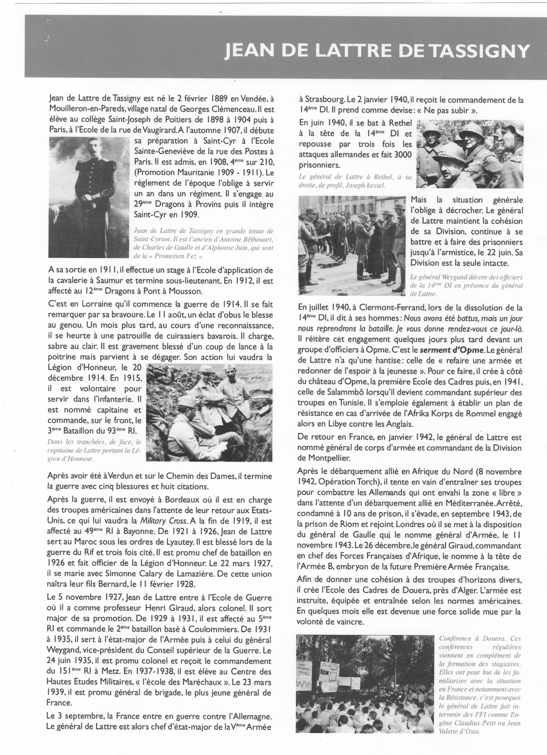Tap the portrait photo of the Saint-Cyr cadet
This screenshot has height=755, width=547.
tap(89, 197)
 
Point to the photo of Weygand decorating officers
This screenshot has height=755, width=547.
tap(352, 245)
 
